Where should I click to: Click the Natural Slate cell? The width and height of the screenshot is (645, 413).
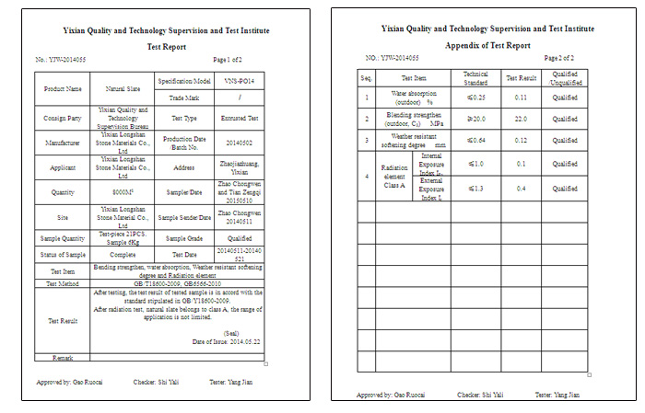[122, 89]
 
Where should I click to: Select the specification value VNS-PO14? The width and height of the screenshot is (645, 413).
[239, 81]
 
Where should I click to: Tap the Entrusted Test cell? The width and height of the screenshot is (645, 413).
[239, 118]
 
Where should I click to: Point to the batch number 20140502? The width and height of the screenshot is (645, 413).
[239, 143]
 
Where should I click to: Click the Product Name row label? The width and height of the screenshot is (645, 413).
[63, 89]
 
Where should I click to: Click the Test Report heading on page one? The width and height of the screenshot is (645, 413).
[167, 46]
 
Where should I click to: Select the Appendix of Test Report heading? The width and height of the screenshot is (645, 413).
[487, 45]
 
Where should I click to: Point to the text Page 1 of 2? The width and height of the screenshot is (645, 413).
[228, 60]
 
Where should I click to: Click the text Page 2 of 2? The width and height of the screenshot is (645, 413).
[558, 58]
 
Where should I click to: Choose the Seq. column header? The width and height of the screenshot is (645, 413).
[366, 77]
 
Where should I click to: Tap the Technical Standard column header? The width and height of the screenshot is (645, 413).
[475, 77]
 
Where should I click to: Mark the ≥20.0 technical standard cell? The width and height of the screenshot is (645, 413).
[475, 119]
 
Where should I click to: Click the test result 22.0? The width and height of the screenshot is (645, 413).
[521, 119]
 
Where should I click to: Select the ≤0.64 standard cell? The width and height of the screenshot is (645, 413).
[475, 140]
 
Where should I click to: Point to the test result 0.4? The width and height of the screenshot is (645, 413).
[521, 189]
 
